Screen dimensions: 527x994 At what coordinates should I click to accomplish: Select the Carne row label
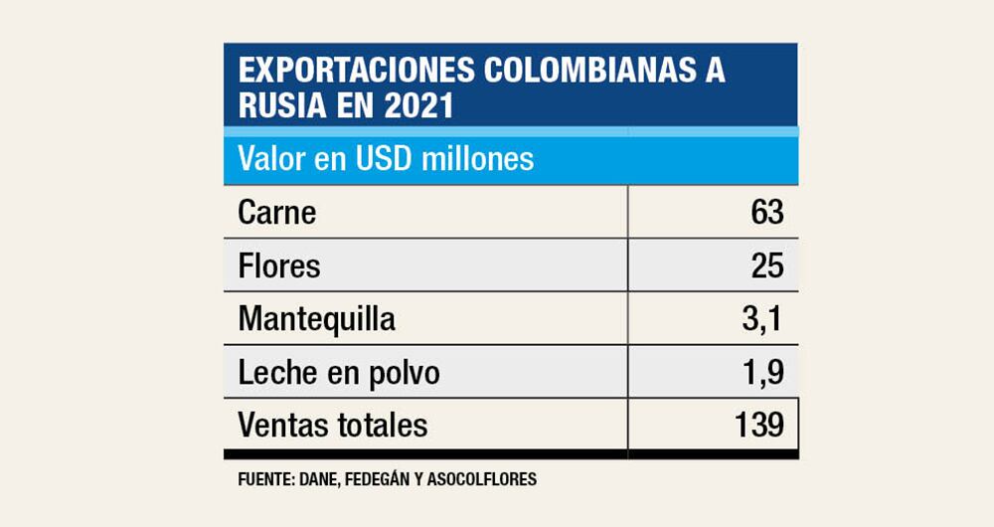(277, 213)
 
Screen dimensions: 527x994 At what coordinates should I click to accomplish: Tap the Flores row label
(279, 266)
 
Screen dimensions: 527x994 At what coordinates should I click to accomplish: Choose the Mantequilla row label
(317, 320)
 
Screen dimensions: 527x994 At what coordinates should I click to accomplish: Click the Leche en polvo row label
(339, 373)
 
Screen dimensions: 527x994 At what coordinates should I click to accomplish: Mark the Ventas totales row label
(333, 426)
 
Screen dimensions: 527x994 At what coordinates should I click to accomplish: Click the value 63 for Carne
(767, 213)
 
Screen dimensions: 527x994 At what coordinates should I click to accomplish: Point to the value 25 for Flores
(767, 266)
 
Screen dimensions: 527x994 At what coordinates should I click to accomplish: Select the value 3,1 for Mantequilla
(763, 320)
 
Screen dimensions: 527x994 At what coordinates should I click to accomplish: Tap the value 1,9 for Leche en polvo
(763, 373)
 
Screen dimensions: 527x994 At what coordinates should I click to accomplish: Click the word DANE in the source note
(311, 479)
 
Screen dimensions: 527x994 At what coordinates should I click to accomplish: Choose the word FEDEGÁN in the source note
(372, 479)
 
